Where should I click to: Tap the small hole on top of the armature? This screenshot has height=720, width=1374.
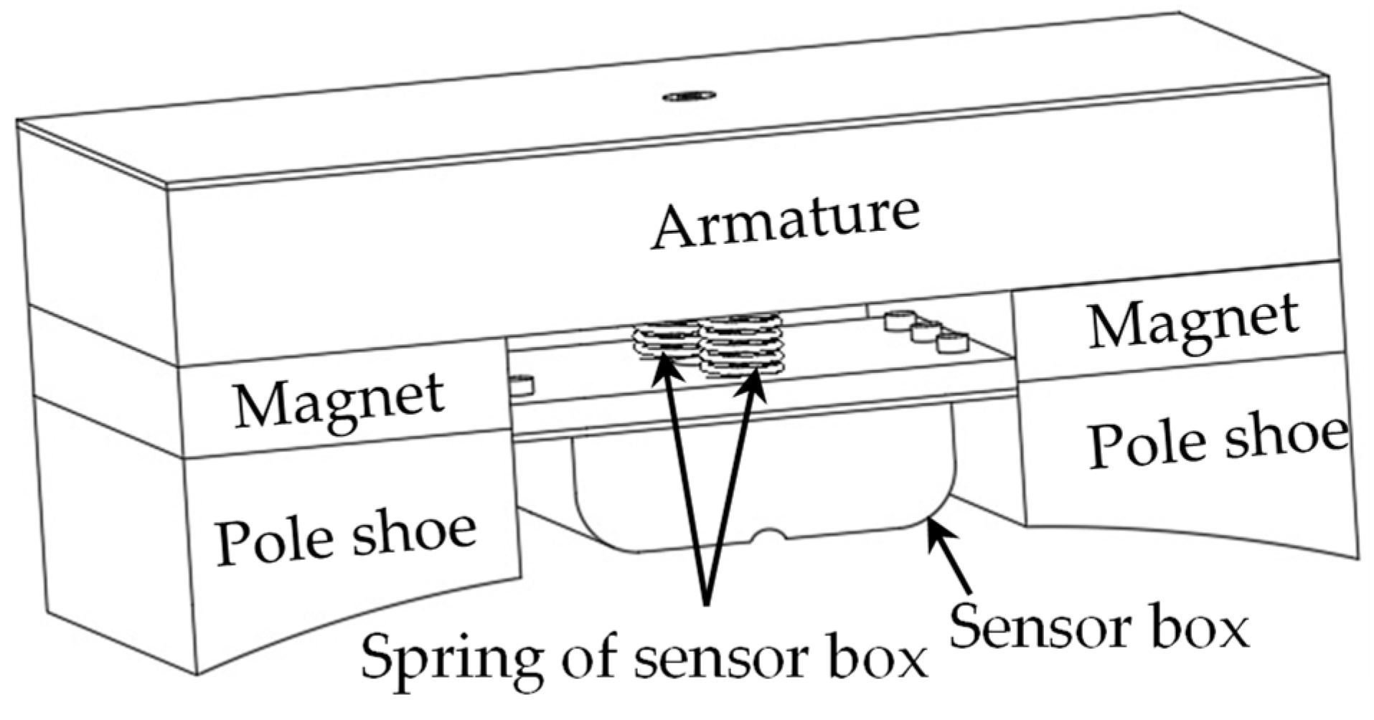(689, 95)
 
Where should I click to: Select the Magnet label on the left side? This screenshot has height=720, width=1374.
(339, 402)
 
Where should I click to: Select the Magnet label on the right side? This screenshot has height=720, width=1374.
(1192, 323)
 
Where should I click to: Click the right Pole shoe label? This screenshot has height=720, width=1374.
(1217, 439)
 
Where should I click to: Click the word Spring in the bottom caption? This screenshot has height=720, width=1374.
(451, 658)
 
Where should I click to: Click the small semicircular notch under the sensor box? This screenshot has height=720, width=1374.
(769, 535)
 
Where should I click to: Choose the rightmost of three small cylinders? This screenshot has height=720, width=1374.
(952, 342)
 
